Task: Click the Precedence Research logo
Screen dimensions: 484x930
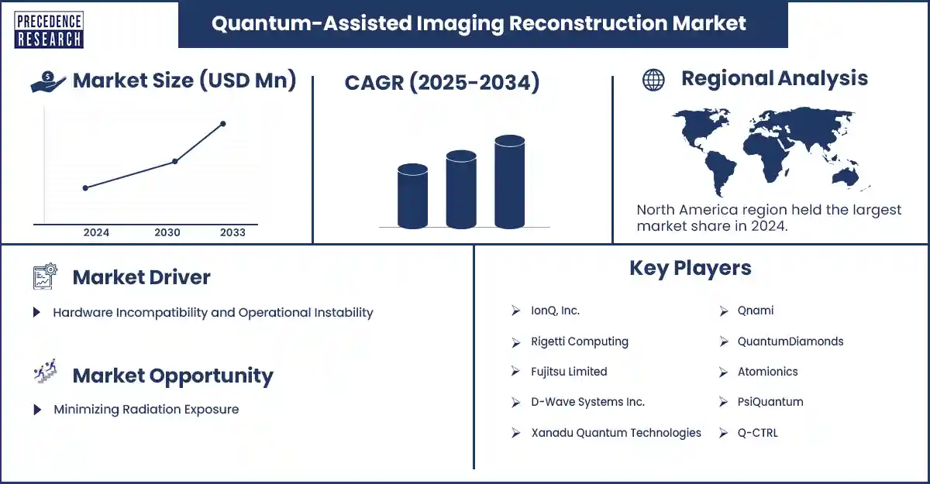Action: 49,30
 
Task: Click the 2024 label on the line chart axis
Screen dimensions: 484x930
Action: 96,232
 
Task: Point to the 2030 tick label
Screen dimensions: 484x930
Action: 167,232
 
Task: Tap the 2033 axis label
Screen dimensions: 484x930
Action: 232,232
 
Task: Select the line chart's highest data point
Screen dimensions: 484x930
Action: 223,124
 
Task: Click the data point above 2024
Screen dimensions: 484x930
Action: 85,187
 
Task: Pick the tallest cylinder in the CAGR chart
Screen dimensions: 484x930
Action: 509,182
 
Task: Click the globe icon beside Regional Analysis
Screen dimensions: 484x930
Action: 653,80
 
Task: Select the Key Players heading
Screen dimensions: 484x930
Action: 690,268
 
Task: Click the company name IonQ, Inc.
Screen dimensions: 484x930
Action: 555,311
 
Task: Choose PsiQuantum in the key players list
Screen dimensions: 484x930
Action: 770,402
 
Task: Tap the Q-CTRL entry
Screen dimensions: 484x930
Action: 757,433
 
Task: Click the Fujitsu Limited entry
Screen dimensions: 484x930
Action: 569,372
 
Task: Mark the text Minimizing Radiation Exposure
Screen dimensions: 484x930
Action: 146,410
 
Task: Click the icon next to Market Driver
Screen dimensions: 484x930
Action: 45,276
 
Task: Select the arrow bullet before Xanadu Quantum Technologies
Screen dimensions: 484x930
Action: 515,433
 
